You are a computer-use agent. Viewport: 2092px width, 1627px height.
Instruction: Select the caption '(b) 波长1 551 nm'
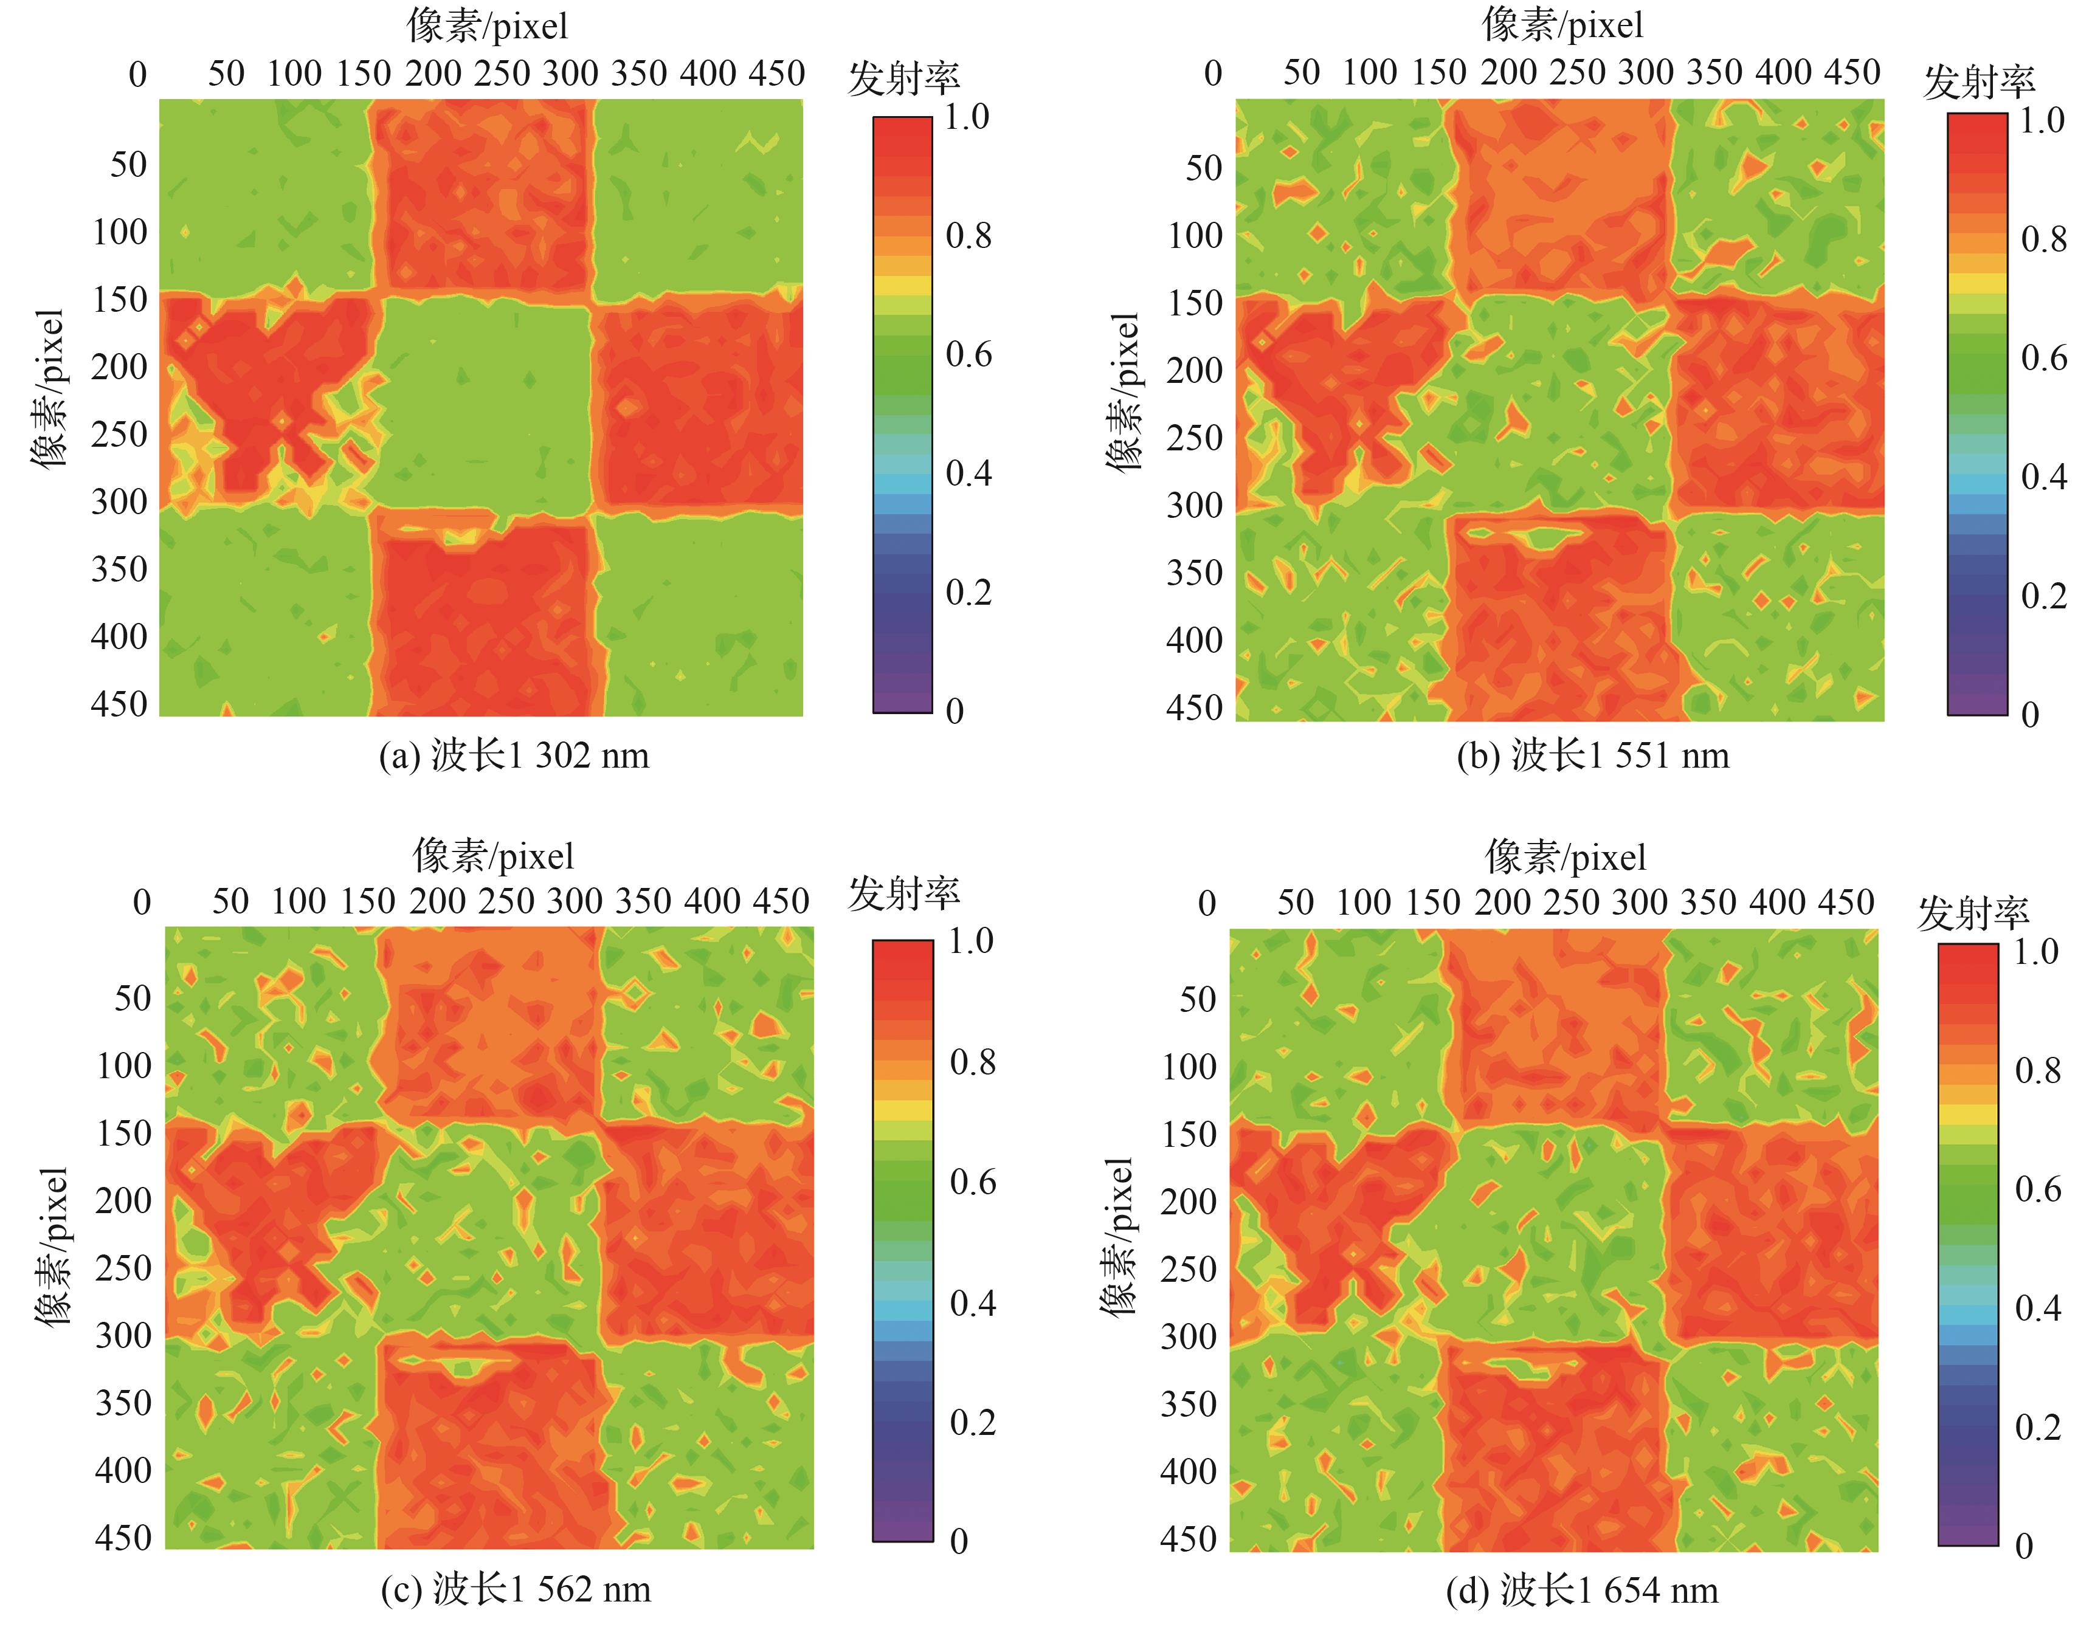[1593, 757]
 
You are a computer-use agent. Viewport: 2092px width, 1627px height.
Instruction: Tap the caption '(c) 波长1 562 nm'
[516, 1590]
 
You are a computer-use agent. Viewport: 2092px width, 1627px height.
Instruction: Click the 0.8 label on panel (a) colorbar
[968, 236]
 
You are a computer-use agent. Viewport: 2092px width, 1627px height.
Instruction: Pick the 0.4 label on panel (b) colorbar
[2043, 477]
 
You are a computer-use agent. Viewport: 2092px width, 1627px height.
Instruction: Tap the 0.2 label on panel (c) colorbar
[972, 1423]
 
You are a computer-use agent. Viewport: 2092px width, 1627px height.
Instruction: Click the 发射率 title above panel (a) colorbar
[903, 78]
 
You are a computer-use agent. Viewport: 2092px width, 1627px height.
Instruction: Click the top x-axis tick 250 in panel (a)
[502, 74]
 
